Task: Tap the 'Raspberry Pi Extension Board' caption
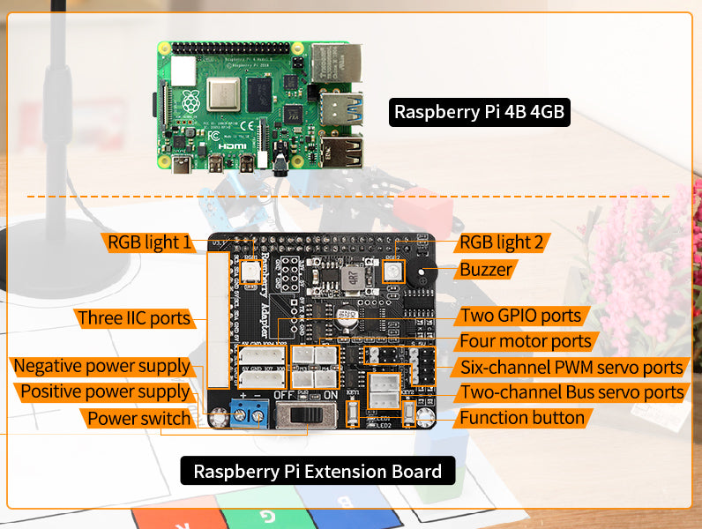click(x=317, y=471)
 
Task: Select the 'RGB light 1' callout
click(x=149, y=242)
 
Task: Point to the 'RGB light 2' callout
click(x=504, y=242)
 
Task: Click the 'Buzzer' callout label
click(x=486, y=270)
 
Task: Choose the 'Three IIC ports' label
click(x=134, y=317)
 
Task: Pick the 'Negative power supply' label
click(x=101, y=365)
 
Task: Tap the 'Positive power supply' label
click(x=104, y=391)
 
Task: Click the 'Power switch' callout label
click(x=138, y=418)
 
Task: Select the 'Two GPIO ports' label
click(x=521, y=316)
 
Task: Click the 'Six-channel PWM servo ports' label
click(x=571, y=368)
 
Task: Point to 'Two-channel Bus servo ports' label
click(x=571, y=392)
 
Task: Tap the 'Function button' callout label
click(x=522, y=418)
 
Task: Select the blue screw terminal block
click(x=250, y=410)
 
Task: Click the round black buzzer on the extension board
click(x=428, y=275)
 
